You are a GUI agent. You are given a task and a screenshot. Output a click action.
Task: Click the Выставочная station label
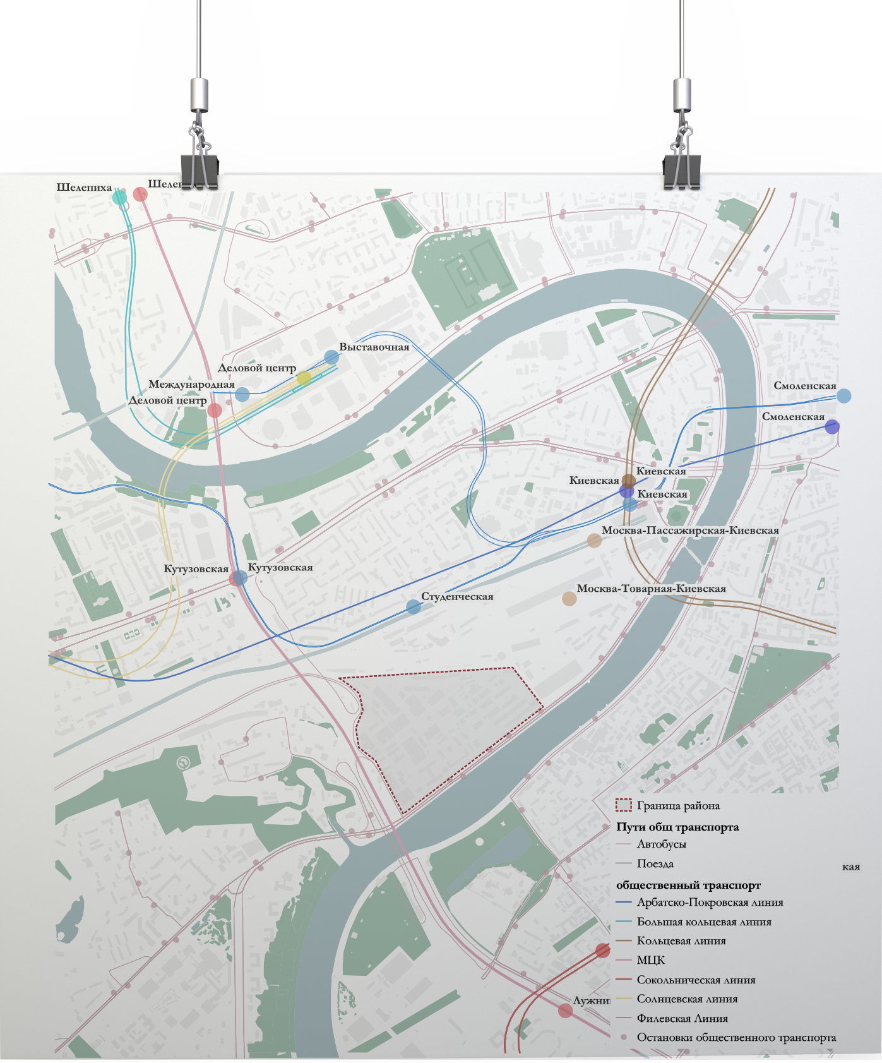374,347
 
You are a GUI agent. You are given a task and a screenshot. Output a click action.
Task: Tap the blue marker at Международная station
242,395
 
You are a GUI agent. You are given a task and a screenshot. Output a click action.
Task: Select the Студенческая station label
457,596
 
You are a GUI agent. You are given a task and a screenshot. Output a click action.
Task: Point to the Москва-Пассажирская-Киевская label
690,530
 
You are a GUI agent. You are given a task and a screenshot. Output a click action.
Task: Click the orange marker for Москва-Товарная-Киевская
569,599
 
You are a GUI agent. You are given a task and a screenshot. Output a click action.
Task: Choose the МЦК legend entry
651,960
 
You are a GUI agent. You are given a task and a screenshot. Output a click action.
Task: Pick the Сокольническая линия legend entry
696,980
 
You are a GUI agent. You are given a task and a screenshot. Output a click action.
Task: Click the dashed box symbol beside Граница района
623,805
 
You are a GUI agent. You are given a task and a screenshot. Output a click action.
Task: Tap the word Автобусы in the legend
662,844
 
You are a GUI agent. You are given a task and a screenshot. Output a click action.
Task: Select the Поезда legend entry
655,863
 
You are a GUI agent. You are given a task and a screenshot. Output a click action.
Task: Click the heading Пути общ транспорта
677,827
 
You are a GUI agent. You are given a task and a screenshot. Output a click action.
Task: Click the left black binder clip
200,168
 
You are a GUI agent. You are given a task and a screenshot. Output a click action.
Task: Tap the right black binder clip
682,168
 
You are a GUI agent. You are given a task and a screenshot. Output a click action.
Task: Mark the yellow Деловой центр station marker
304,378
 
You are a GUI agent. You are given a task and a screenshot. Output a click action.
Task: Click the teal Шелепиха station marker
119,198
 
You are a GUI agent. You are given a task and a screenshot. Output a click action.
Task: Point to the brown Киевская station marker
629,481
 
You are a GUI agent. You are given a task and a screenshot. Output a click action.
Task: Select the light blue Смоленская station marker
843,396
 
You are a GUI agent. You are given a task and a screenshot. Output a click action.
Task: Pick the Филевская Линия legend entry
682,1018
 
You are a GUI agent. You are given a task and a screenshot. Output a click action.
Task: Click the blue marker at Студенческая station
414,607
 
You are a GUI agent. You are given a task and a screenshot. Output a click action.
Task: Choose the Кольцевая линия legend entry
681,940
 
